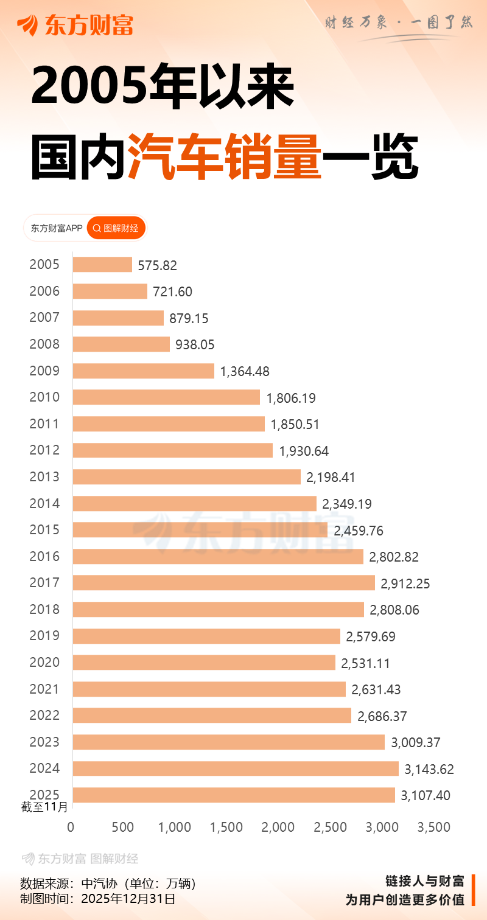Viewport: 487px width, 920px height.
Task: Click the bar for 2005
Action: coord(102,265)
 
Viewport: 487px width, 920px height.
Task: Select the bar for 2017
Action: coord(223,583)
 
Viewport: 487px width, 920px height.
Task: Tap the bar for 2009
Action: coord(143,371)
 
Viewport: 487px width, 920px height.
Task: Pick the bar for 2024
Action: coord(236,768)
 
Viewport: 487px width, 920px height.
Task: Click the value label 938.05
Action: coord(195,345)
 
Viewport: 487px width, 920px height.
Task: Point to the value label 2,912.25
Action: coord(405,584)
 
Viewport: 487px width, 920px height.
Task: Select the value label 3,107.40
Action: coord(426,795)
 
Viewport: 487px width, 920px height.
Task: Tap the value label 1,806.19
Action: coord(291,398)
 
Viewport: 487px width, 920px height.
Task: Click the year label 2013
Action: coord(44,476)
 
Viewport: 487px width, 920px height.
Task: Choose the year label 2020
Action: coord(44,662)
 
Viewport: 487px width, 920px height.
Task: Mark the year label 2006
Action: coord(44,291)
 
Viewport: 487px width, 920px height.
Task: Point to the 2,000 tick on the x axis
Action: coord(279,828)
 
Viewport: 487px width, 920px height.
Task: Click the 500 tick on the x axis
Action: coord(123,828)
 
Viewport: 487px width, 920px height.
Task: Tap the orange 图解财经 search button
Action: coord(116,228)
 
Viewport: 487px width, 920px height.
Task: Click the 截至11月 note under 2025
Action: coord(46,807)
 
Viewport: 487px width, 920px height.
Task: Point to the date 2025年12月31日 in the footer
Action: coord(128,899)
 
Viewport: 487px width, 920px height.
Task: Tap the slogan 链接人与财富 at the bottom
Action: coord(425,881)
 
